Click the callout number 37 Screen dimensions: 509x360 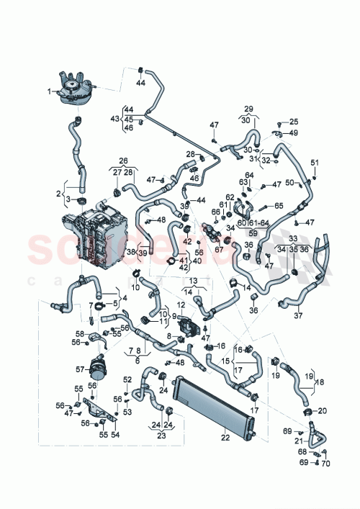tap(299, 315)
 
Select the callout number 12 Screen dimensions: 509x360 tap(181, 305)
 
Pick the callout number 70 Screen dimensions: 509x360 tap(325, 463)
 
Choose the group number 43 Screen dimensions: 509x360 tap(114, 118)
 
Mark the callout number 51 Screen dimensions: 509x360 tap(314, 162)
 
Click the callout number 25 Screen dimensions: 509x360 tap(293, 122)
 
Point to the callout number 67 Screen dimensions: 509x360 tap(220, 249)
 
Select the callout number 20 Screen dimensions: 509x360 tap(322, 410)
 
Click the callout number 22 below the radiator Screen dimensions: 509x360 tap(224, 436)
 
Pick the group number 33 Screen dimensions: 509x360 tap(293, 238)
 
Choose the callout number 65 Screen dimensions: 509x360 tap(279, 205)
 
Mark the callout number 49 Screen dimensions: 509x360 tap(294, 133)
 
